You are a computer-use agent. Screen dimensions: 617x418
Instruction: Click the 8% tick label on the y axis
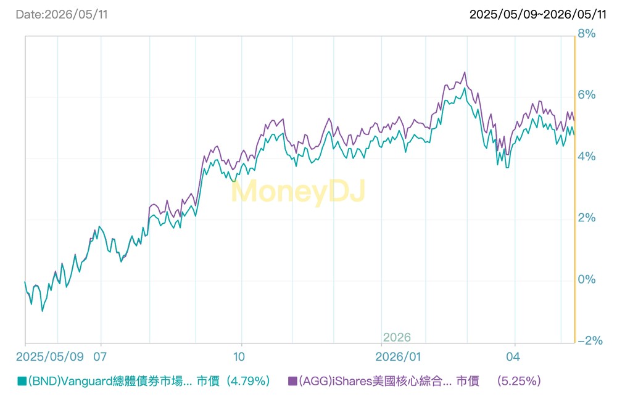coord(586,34)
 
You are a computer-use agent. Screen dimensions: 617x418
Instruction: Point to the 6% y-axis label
coord(586,95)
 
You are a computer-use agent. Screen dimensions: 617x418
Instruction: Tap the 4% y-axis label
coord(586,157)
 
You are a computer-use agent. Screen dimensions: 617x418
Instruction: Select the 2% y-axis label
coord(586,218)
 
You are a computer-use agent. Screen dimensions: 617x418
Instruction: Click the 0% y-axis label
coord(586,279)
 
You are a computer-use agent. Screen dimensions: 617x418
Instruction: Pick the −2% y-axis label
coord(590,340)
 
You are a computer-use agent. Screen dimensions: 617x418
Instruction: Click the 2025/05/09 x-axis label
coord(49,357)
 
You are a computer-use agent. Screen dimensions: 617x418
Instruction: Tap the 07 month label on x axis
coord(100,357)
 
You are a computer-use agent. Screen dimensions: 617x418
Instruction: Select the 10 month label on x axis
coord(239,357)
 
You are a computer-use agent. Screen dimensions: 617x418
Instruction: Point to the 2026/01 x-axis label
coord(398,357)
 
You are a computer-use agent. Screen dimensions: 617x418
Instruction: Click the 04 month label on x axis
coord(513,357)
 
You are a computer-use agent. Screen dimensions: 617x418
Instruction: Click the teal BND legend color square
coord(22,381)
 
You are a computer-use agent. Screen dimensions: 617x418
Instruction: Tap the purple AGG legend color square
coord(292,381)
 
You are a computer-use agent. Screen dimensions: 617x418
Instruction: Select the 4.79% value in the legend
coord(250,381)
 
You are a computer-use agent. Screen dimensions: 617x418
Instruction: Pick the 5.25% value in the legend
coord(519,381)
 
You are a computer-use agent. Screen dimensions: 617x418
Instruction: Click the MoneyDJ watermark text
coord(298,191)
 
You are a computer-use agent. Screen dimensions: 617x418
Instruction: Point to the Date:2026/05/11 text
coord(62,15)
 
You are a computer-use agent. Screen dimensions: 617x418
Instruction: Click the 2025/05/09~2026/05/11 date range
coord(538,15)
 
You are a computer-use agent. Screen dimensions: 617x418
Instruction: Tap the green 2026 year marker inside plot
coord(397,337)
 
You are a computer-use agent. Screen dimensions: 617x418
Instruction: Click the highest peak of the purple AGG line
coord(465,72)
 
